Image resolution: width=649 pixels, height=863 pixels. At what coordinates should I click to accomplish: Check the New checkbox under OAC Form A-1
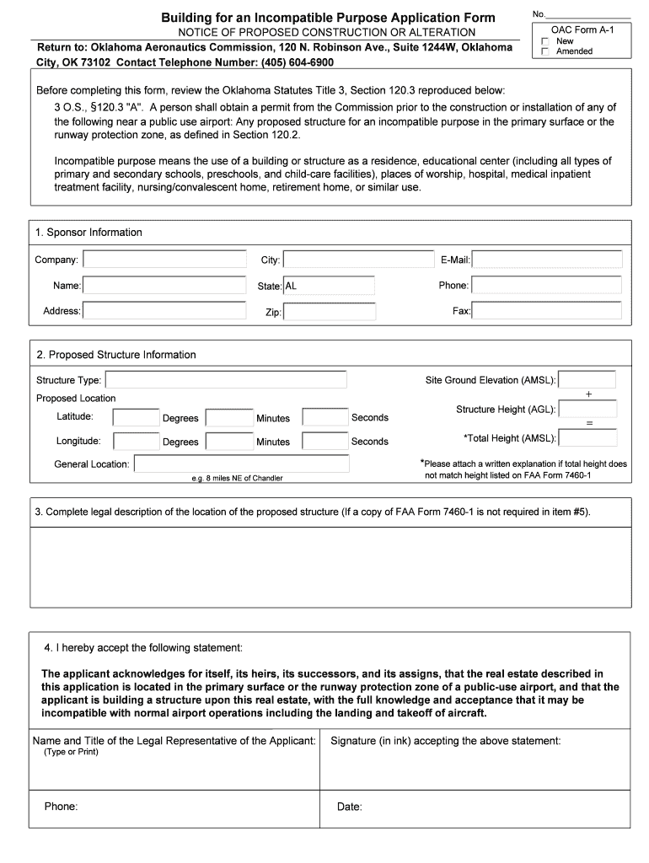(545, 41)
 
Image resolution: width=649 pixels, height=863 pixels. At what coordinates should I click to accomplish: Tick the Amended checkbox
(545, 51)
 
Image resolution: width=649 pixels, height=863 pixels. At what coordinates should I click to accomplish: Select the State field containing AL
(329, 286)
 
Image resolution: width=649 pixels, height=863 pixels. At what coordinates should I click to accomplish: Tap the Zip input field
(329, 312)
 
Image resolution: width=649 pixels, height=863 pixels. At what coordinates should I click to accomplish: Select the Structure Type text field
(225, 380)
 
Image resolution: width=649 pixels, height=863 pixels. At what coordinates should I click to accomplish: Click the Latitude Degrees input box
(136, 417)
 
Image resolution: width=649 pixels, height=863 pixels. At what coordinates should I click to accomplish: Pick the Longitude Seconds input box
(324, 441)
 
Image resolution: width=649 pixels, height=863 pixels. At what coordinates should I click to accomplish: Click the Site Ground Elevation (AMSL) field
(587, 380)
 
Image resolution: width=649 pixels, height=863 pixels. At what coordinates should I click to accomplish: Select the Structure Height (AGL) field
(587, 410)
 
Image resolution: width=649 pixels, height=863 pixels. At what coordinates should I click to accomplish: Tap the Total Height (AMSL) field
(587, 437)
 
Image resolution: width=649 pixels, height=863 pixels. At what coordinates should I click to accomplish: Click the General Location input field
(241, 464)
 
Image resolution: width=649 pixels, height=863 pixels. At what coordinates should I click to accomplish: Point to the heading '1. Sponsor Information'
(88, 232)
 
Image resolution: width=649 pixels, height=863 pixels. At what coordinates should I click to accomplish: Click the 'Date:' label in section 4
(349, 807)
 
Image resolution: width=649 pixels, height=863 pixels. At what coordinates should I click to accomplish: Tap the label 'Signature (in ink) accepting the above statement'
(445, 741)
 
